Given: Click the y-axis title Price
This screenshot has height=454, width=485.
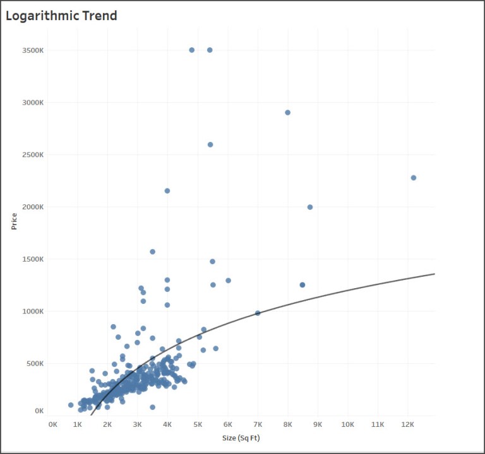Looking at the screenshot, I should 14,221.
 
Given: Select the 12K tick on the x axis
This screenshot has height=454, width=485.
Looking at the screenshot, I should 407,424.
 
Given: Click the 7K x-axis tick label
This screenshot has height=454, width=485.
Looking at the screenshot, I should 258,424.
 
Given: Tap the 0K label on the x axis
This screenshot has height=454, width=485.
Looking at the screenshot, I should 52,424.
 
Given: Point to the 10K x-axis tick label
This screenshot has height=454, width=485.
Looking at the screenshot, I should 347,424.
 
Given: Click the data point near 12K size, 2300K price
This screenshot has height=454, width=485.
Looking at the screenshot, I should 414,178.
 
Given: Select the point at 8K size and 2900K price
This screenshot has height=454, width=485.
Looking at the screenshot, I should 288,112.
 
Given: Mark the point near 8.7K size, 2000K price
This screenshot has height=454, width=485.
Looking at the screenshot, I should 310,207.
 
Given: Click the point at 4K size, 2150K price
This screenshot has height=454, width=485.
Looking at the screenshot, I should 167,190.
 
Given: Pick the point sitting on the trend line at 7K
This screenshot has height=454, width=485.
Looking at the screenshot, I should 258,313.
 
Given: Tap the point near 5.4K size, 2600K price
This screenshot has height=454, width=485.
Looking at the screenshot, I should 210,144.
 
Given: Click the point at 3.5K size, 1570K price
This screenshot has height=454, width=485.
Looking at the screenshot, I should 152,252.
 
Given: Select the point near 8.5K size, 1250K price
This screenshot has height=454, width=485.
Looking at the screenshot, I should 302,285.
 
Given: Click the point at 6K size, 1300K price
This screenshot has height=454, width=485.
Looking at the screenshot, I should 228,281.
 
